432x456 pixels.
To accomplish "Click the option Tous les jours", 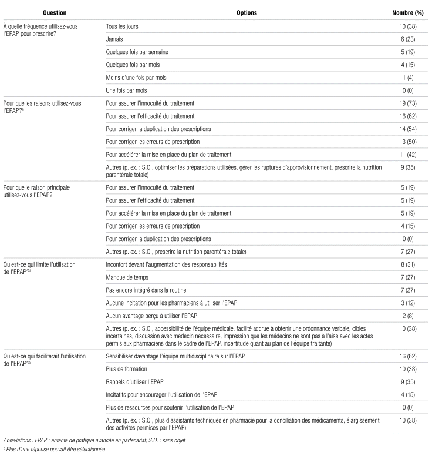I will (122, 26).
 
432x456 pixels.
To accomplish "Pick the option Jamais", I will (115, 39).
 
